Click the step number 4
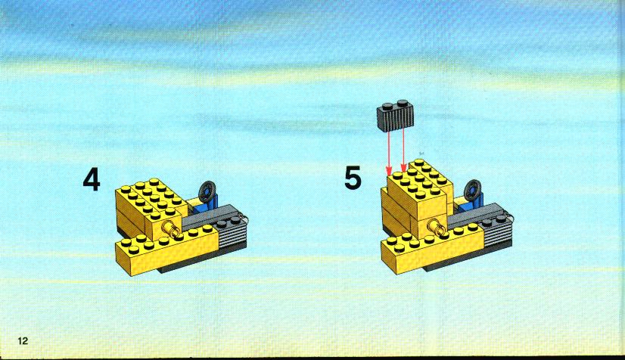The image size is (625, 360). coord(92,180)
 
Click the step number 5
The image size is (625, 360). coord(353,178)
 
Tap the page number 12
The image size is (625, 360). coord(23,340)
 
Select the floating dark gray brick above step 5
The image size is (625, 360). coord(395,115)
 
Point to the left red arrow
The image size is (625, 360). coord(389,152)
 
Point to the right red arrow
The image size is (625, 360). coord(403,151)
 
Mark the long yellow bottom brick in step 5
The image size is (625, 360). coord(433,248)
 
